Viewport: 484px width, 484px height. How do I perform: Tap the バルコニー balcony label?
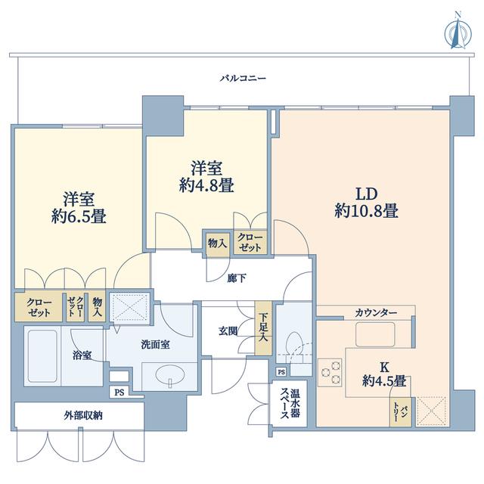point(243,79)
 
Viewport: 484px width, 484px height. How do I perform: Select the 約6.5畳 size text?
point(79,216)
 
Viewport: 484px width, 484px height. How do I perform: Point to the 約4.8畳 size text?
point(206,185)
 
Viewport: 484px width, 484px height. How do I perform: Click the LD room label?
point(367,194)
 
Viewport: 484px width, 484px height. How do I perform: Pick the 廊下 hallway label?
point(237,278)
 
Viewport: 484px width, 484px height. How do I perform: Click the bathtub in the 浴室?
point(42,356)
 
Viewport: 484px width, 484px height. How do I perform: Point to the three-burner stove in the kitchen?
point(330,372)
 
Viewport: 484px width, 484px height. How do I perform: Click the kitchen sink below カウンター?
point(375,334)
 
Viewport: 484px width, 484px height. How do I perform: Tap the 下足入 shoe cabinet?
point(263,327)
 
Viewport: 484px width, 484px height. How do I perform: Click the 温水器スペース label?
point(290,403)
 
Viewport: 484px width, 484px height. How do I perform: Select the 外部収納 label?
point(83,416)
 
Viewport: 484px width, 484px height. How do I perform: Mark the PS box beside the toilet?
point(281,372)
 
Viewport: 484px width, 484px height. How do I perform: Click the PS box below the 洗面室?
point(119,392)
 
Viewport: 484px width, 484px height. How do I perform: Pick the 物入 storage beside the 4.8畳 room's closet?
point(218,244)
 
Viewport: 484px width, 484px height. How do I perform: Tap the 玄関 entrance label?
point(228,331)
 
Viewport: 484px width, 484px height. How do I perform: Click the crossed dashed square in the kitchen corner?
point(432,411)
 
